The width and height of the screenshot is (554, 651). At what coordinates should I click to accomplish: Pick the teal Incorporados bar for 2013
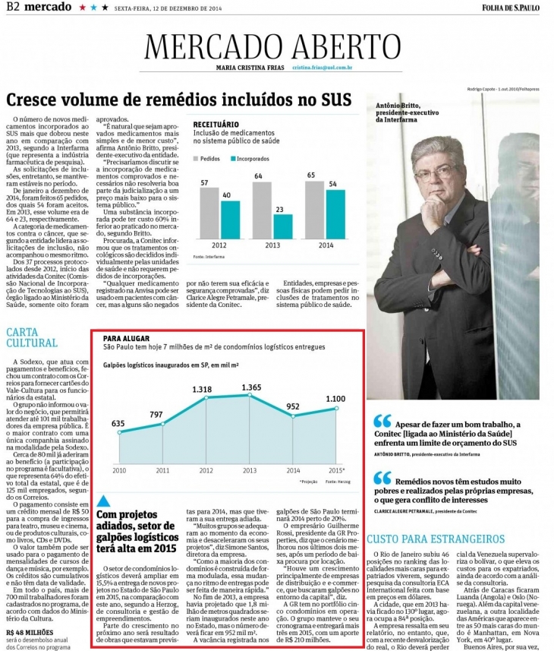click(282, 226)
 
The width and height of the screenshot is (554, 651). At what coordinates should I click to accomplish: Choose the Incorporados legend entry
click(259, 160)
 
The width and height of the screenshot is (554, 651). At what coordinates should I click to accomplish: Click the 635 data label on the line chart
click(118, 423)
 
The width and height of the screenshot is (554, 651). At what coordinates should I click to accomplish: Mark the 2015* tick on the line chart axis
click(336, 472)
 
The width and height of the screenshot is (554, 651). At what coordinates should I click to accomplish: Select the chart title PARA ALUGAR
click(126, 337)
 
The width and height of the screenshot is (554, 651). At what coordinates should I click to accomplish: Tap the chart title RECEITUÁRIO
click(216, 122)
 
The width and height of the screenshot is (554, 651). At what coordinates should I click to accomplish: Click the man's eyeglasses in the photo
click(435, 172)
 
